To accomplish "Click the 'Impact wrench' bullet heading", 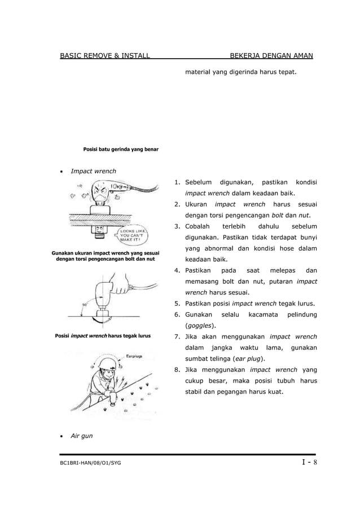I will click(93, 171).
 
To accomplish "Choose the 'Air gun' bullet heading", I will click(81, 436).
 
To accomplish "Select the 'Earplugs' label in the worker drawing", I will click(133, 357).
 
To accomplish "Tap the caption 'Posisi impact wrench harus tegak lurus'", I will click(103, 336).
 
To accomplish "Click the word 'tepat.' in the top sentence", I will click(286, 73).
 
